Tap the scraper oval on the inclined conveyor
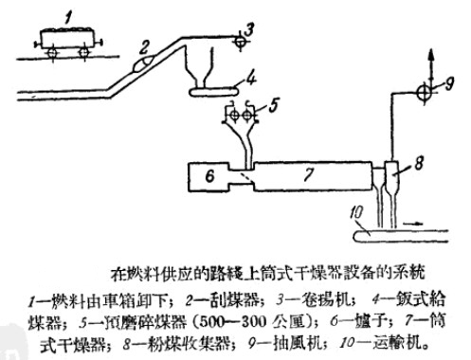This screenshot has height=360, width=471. click(x=141, y=63)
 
